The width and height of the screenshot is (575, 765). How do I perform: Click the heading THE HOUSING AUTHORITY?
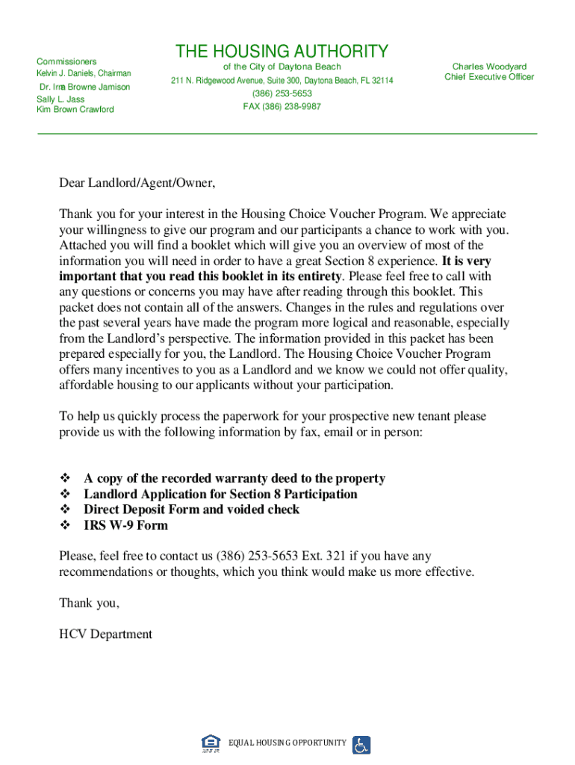point(282,52)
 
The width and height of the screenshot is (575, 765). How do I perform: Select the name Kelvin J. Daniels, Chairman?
point(84,73)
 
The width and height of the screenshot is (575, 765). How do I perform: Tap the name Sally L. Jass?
point(60,99)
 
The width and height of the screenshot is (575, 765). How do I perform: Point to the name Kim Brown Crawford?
point(75,110)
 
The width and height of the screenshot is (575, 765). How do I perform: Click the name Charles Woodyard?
point(489,66)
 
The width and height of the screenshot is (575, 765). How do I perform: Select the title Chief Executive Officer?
point(489,77)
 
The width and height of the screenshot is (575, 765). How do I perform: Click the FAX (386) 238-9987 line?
point(282,107)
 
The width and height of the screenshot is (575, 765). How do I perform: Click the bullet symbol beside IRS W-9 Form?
point(63,525)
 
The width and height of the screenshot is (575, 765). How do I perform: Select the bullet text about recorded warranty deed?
point(234,478)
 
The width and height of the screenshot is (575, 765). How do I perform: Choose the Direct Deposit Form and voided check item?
point(191,510)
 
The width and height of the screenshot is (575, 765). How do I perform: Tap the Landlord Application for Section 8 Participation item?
point(220,494)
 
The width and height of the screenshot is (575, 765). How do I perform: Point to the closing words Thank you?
point(89,603)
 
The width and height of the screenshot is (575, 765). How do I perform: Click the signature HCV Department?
point(105,634)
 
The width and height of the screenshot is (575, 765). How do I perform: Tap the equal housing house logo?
point(211,743)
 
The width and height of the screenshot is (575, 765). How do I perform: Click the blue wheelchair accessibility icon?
point(361,744)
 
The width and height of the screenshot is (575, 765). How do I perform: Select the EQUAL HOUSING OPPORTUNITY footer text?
point(287,743)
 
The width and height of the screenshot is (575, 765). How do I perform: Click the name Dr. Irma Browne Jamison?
point(84,87)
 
